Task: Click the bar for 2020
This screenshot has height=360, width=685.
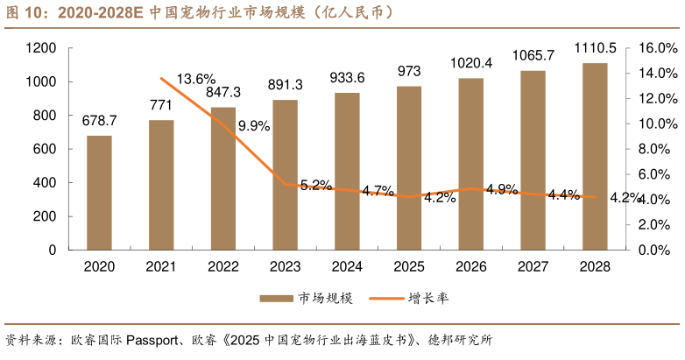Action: [99, 193]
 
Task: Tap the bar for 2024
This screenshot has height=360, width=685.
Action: [347, 171]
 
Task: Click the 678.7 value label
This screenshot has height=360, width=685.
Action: [99, 120]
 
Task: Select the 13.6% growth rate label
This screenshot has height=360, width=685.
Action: [196, 80]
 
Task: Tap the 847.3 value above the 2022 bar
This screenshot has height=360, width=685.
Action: [223, 92]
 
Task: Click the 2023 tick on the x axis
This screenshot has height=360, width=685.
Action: [285, 266]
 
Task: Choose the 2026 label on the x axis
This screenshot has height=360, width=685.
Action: [470, 266]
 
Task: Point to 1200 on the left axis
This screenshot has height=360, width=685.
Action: [42, 48]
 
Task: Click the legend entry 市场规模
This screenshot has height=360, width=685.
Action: [324, 299]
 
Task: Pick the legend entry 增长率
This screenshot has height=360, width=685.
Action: [428, 299]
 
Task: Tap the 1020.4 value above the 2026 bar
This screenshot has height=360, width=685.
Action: [470, 62]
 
